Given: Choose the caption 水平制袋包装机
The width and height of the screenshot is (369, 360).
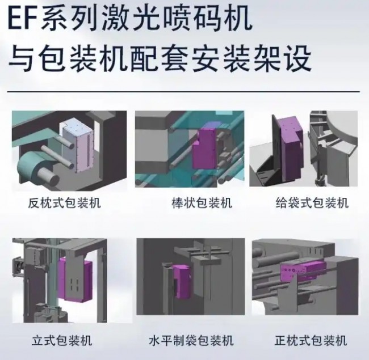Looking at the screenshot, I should pos(191,341).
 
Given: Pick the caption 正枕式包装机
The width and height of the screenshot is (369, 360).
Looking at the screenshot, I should pos(311,341).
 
